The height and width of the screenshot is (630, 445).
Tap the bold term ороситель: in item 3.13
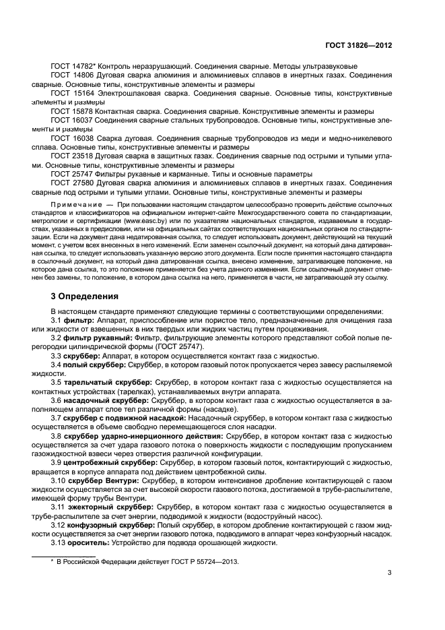coord(89,542)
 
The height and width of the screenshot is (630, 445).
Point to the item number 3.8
coord(57,436)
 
